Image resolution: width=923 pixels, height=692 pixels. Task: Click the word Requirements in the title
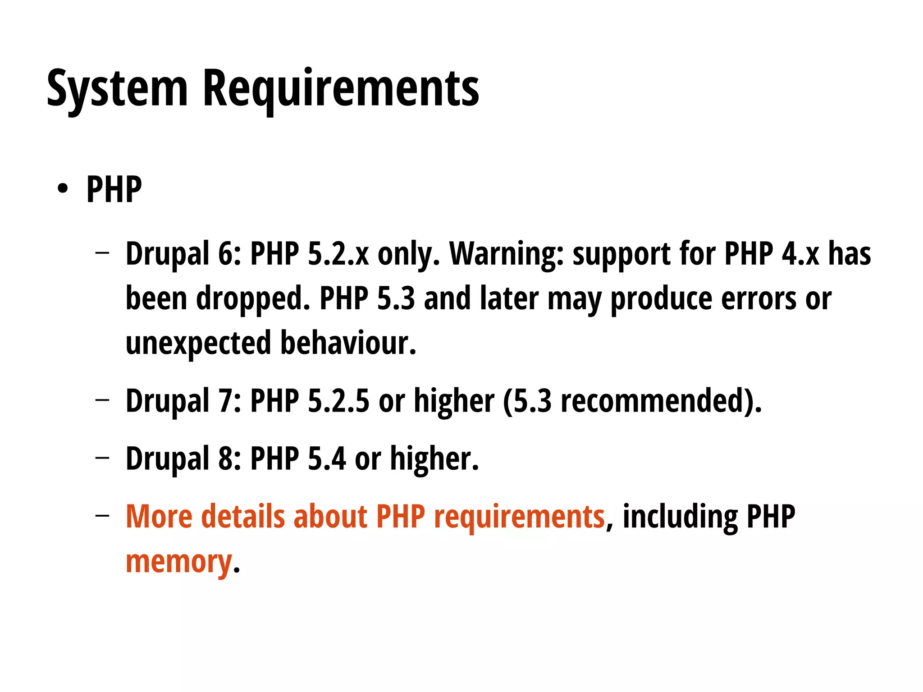click(341, 89)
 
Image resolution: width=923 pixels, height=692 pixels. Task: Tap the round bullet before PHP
click(63, 188)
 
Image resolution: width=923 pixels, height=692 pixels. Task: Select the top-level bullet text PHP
click(114, 189)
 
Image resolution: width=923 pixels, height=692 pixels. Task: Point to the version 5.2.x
click(338, 253)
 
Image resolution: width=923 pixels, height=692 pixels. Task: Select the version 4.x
click(800, 253)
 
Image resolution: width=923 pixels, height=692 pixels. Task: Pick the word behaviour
click(348, 343)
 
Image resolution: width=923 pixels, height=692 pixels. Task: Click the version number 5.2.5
click(338, 400)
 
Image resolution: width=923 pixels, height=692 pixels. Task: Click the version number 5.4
click(327, 458)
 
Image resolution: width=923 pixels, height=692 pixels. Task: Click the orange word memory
click(178, 562)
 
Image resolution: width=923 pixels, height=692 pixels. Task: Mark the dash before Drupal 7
click(102, 399)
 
